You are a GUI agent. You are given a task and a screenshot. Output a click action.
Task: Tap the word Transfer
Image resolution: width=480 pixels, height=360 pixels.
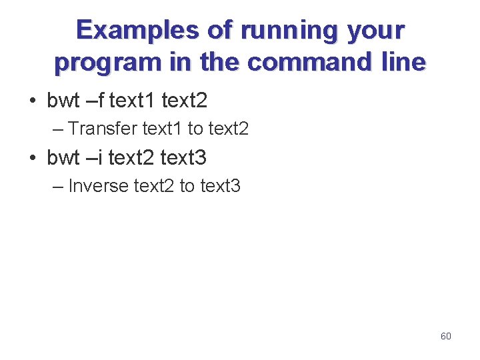pos(103,128)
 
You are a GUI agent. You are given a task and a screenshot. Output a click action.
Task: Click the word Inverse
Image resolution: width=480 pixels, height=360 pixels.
pos(99,185)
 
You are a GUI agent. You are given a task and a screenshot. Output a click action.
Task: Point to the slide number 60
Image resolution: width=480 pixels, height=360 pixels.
pos(446,336)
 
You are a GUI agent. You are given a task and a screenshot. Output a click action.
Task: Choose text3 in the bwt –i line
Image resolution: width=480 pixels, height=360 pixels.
pos(184,158)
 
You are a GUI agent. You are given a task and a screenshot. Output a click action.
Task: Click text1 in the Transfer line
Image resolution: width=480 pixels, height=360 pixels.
pos(163,128)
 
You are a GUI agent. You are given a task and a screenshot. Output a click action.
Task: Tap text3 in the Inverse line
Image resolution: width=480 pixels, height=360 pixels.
pos(220,185)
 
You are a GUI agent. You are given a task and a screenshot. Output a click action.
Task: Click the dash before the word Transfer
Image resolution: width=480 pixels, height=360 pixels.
pos(57,128)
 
